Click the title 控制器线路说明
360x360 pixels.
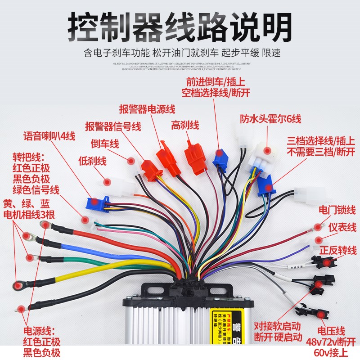[180, 28]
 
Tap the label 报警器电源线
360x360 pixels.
[147, 109]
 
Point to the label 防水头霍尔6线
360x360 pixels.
[270, 119]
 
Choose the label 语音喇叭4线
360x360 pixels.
[49, 136]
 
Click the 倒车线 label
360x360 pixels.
[105, 144]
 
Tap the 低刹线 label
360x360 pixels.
[92, 160]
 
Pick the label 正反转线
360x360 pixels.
[338, 250]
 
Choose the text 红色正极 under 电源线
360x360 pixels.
[40, 342]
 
